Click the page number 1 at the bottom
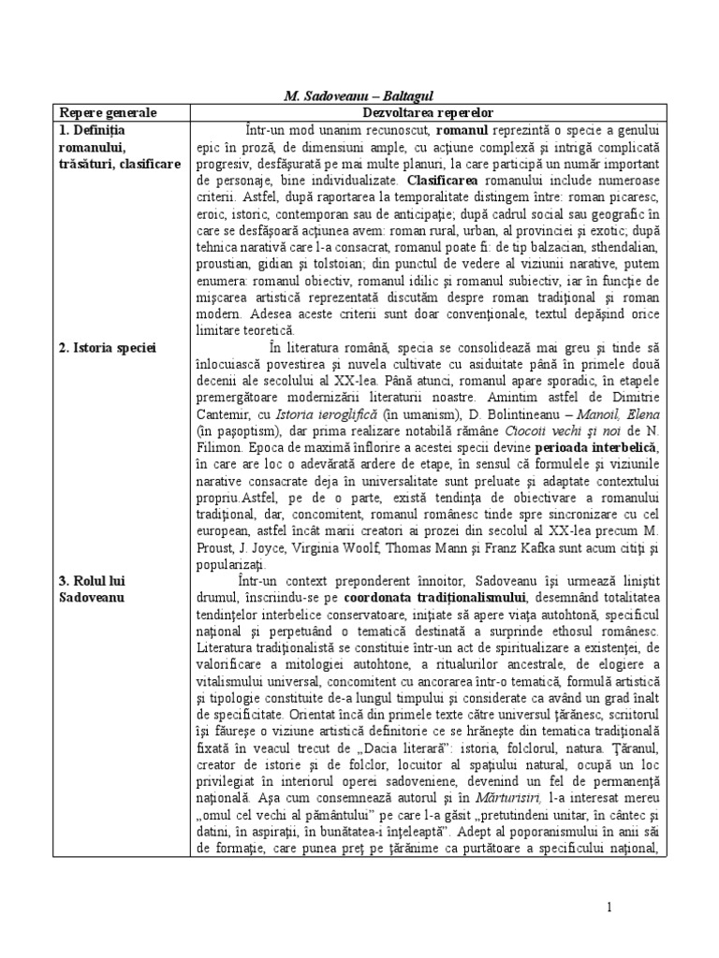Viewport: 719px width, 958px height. coord(609,907)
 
